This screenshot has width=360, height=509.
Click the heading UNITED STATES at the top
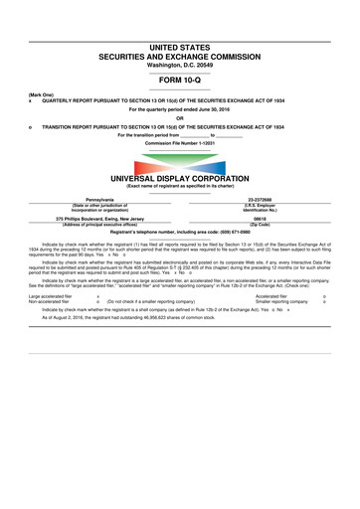click(179, 47)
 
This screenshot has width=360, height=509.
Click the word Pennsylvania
click(100, 199)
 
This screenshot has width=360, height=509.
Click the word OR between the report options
click(179, 118)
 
